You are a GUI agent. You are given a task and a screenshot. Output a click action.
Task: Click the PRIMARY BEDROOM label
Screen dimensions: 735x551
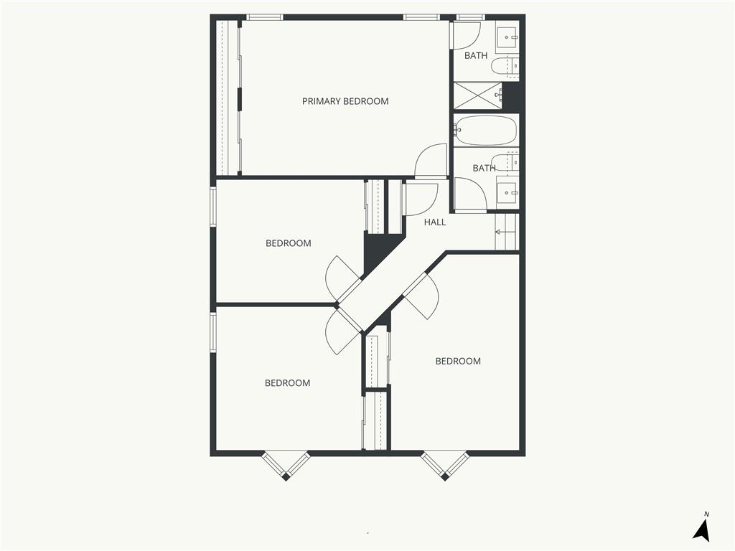pyautogui.click(x=345, y=101)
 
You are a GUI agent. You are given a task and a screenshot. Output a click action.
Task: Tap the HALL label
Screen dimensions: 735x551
pyautogui.click(x=434, y=222)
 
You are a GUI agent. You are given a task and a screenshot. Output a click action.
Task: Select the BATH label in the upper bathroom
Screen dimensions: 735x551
pyautogui.click(x=476, y=56)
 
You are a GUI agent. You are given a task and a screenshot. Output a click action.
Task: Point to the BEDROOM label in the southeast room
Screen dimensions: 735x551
pyautogui.click(x=458, y=362)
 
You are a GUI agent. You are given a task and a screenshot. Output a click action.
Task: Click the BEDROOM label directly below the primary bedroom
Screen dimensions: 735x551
pyautogui.click(x=289, y=243)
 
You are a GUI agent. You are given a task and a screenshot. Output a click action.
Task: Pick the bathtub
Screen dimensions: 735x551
pyautogui.click(x=485, y=131)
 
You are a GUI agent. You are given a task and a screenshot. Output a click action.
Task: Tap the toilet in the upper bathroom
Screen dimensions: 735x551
pyautogui.click(x=505, y=67)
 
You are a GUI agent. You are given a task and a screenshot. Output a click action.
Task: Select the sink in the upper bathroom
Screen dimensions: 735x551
pyautogui.click(x=507, y=37)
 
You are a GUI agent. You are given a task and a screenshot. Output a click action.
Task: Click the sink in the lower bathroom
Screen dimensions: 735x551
pyautogui.click(x=507, y=192)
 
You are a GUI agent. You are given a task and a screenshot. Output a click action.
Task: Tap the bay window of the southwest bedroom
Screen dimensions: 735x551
pyautogui.click(x=286, y=466)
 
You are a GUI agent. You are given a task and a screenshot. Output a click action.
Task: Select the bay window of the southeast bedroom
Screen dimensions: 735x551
pyautogui.click(x=444, y=466)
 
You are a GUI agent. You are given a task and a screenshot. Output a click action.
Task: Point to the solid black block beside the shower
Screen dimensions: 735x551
pyautogui.click(x=511, y=97)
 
